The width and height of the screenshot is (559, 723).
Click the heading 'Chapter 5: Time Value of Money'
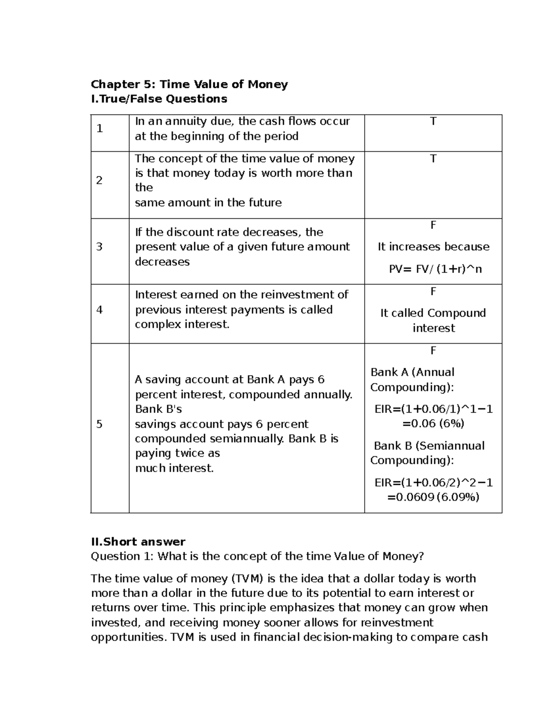point(189,84)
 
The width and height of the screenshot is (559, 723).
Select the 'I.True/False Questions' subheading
point(159,99)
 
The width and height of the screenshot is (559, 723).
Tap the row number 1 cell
point(100,129)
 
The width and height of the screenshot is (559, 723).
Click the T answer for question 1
point(433,122)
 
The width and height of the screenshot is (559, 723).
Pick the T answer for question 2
point(433,159)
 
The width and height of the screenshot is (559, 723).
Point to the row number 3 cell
point(99,247)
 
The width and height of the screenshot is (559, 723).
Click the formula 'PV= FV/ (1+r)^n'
point(435,269)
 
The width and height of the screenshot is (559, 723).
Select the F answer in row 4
point(433,292)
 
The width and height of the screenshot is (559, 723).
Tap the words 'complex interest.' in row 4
point(182,324)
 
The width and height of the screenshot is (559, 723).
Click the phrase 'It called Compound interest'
point(433,320)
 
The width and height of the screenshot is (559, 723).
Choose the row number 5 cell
point(99,424)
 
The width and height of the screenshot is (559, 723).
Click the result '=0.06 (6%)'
point(433,424)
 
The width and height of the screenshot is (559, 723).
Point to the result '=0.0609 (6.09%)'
point(433,497)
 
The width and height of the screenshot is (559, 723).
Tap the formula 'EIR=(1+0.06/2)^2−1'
point(434,482)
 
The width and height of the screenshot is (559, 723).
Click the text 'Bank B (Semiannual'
point(429,446)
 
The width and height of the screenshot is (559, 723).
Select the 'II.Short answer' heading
point(138,542)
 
